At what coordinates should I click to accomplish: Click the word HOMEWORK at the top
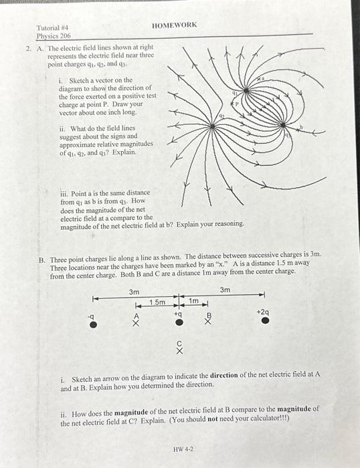pyautogui.click(x=175, y=25)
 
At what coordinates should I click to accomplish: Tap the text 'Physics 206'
pyautogui.click(x=54, y=36)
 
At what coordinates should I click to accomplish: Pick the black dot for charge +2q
pyautogui.click(x=266, y=321)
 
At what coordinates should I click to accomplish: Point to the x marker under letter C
pyautogui.click(x=179, y=350)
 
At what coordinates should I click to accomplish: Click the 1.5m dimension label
pyautogui.click(x=157, y=303)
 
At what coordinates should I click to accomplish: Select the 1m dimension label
pyautogui.click(x=193, y=302)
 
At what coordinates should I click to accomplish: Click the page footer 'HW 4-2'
pyautogui.click(x=183, y=450)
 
